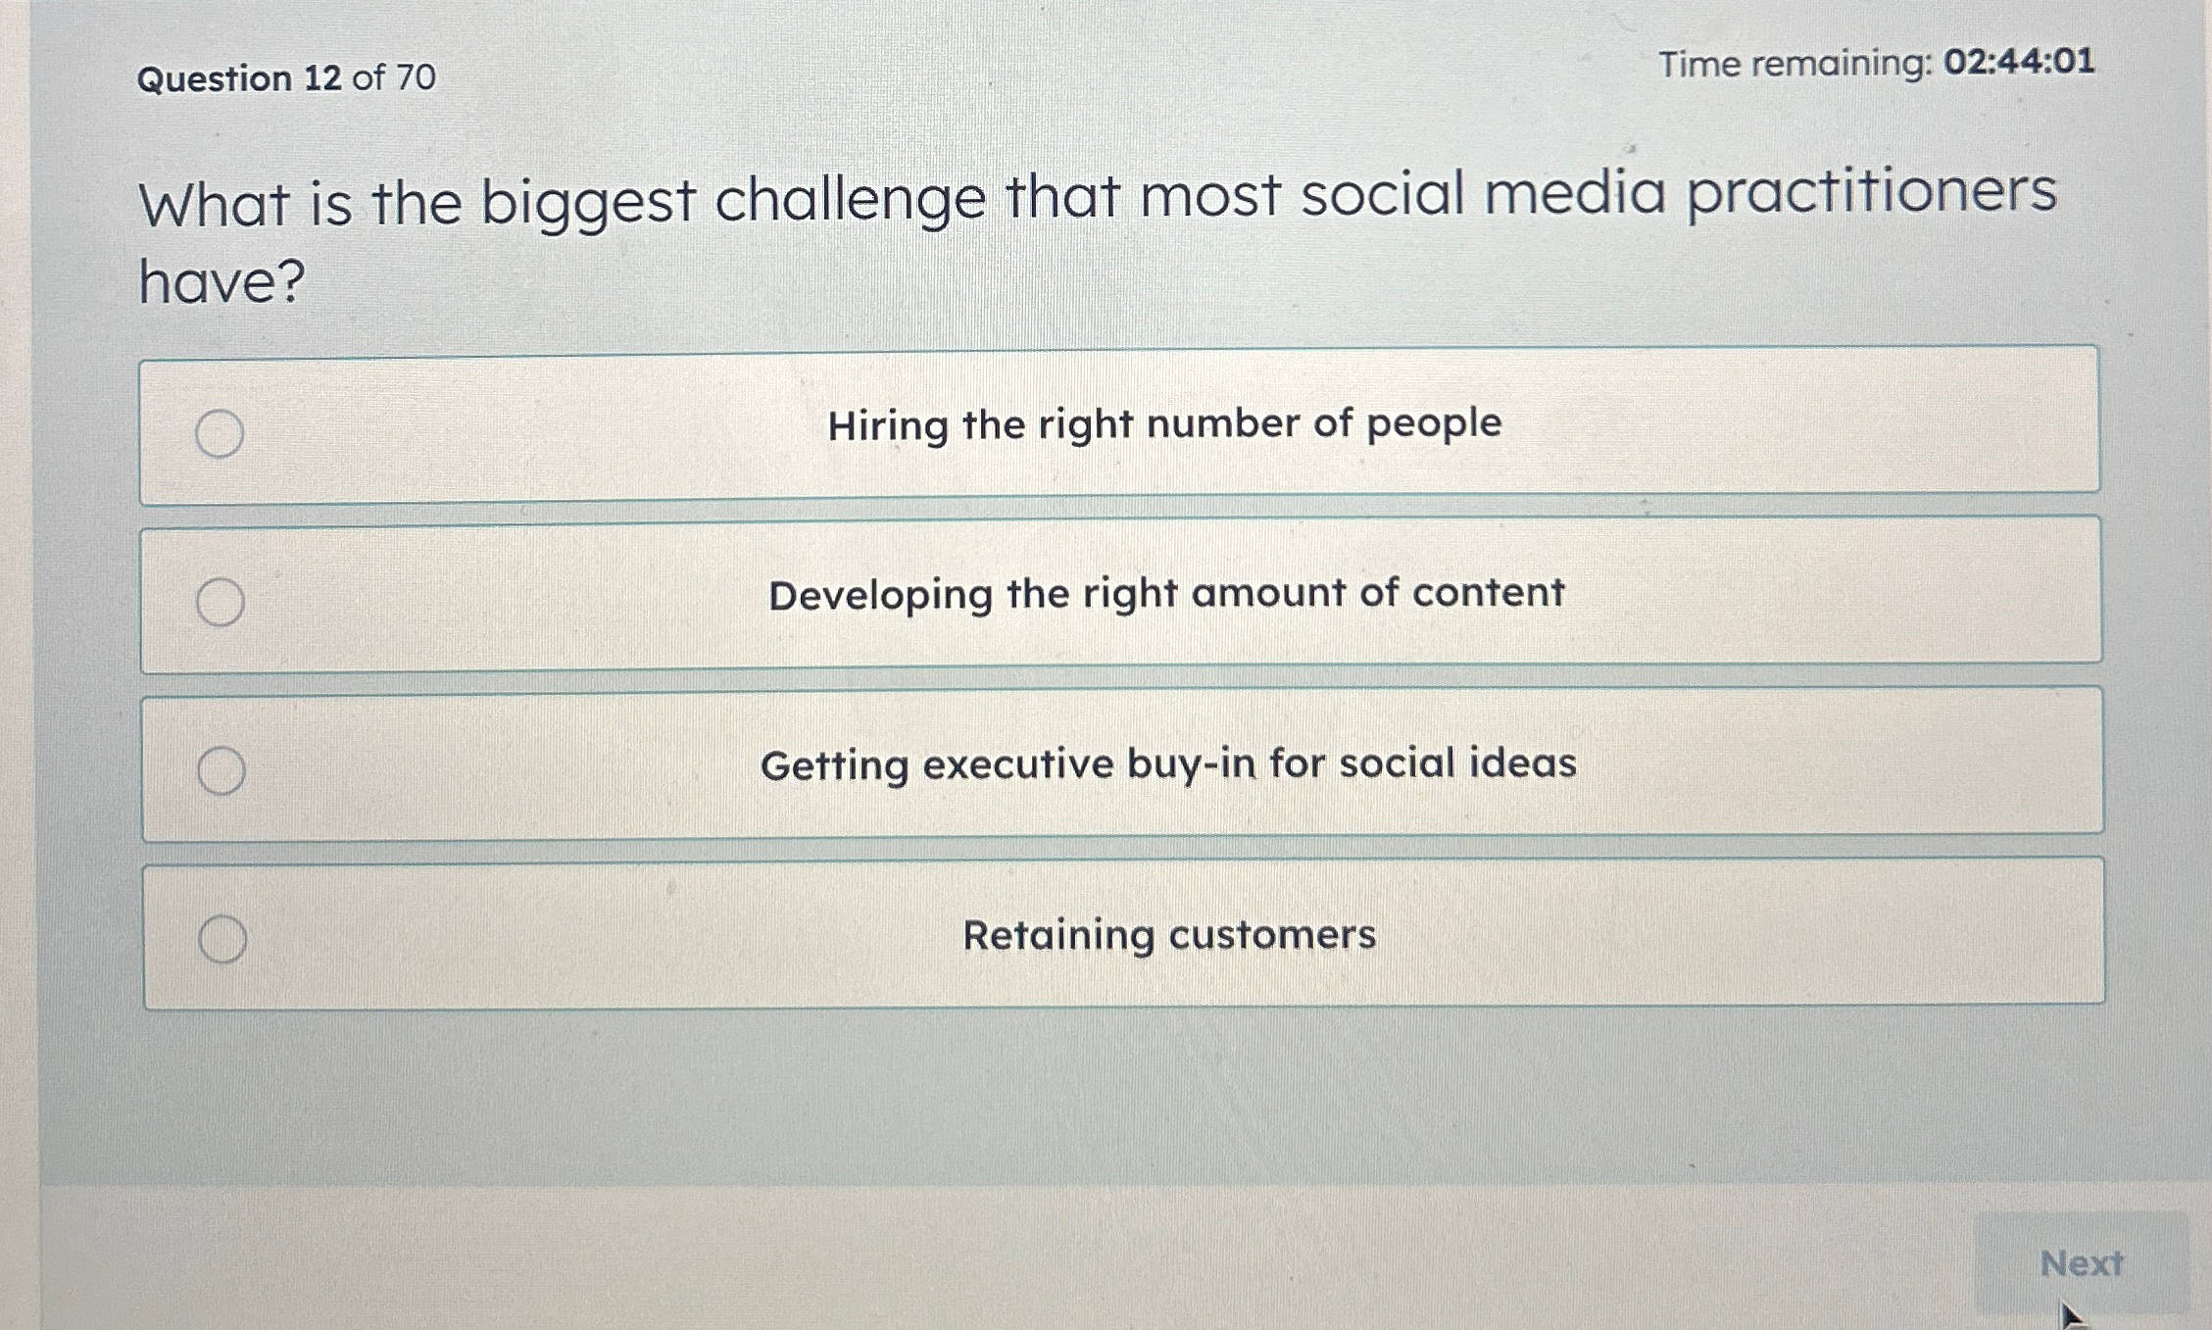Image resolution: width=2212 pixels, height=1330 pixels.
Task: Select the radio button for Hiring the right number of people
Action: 220,433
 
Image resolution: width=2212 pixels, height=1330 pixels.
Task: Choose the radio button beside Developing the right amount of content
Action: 221,602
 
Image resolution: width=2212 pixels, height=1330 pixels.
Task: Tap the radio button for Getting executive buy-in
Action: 221,770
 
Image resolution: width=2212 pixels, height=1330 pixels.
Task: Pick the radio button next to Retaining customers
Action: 222,939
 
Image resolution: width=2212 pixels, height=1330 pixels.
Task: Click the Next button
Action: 2081,1262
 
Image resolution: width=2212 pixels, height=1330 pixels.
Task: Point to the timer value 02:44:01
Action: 2020,62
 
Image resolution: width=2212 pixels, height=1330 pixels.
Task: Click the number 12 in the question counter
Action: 322,77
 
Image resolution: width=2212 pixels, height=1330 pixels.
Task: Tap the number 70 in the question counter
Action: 417,76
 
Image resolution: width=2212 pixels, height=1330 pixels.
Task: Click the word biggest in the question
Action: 588,203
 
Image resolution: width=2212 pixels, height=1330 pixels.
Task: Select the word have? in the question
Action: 222,281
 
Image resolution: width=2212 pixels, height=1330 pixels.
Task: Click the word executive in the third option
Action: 1017,764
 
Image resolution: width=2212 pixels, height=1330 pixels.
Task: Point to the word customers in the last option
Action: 1272,934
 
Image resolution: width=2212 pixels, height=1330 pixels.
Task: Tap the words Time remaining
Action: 1794,65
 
